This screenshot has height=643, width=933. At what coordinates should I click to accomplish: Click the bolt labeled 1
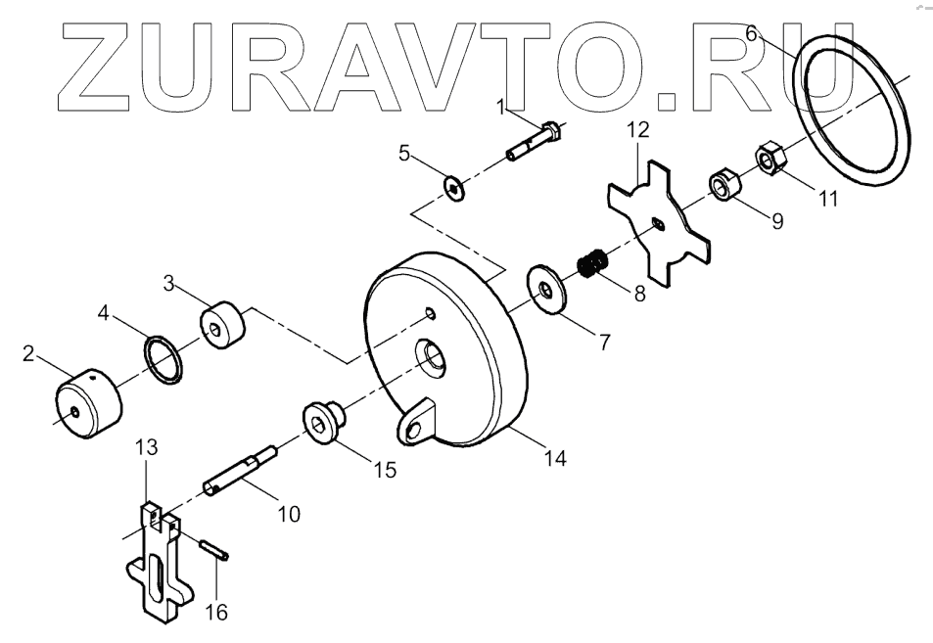pos(534,143)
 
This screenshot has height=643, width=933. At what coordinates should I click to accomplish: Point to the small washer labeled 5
pos(455,185)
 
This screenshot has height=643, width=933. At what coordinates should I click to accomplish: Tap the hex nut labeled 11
pos(769,159)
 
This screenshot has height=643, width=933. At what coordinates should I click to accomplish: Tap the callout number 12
pos(638,128)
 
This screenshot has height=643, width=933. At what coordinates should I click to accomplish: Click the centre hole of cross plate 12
pos(660,224)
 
